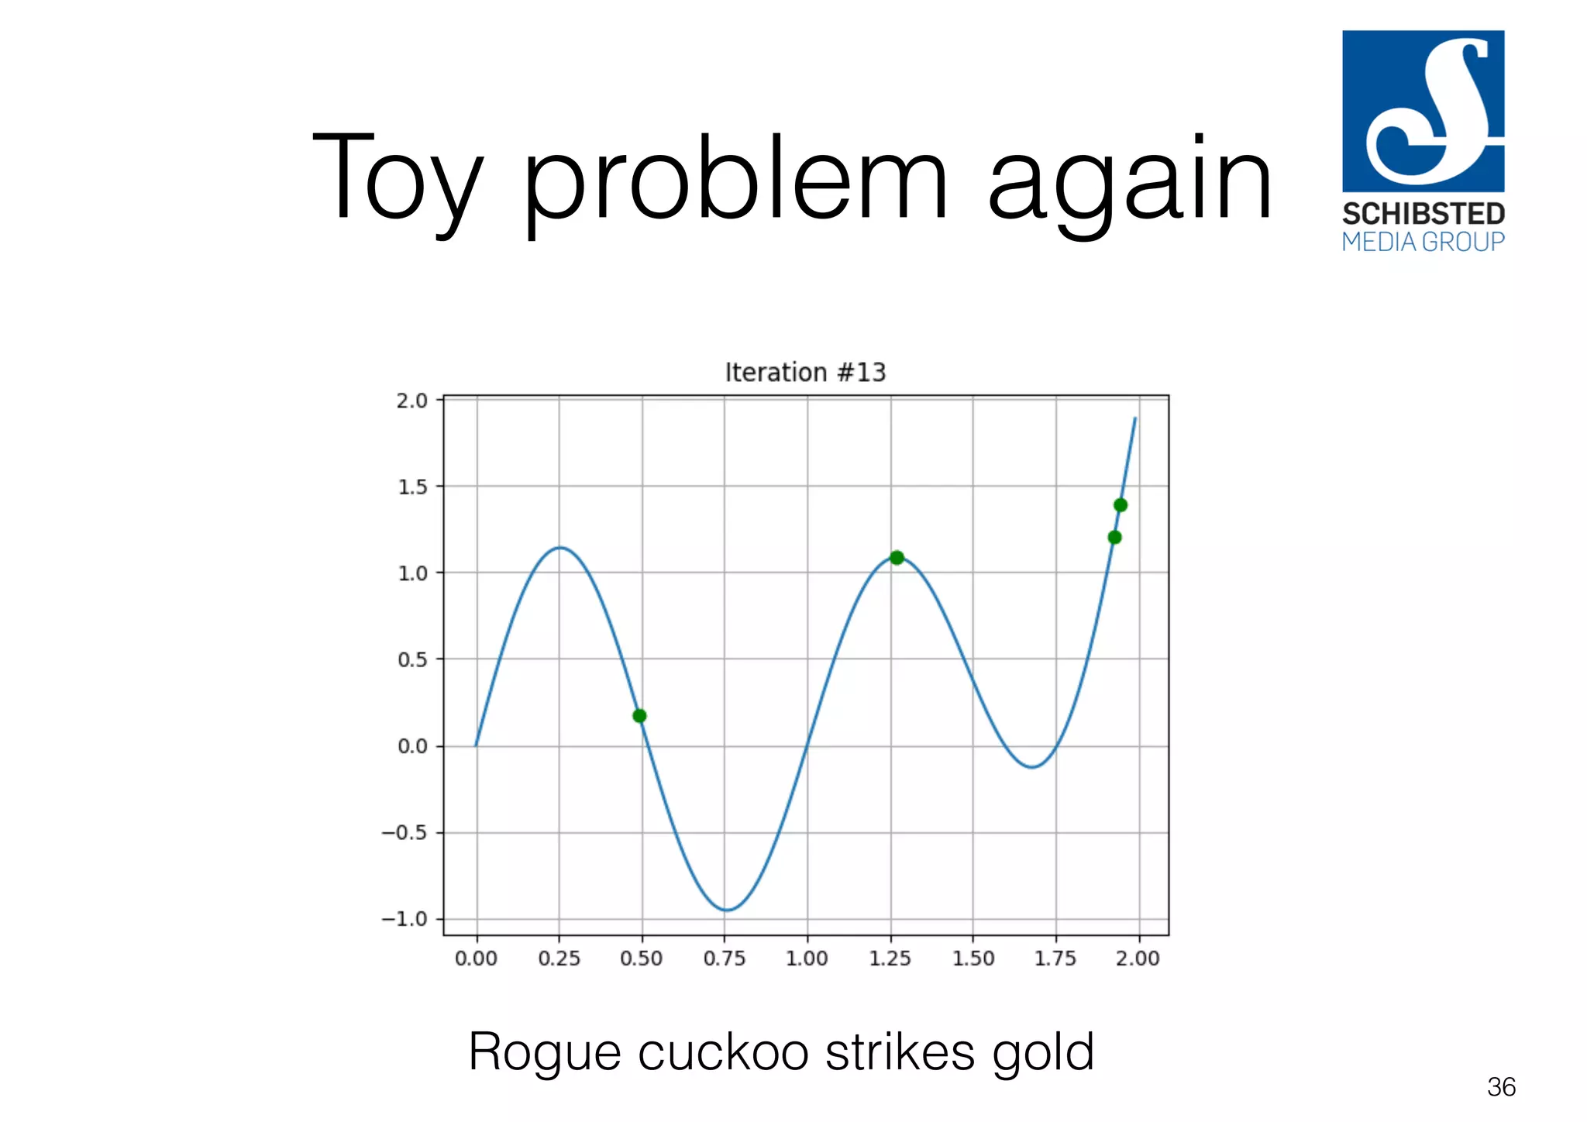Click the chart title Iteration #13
805,373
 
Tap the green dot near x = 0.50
639,715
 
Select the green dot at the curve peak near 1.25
897,557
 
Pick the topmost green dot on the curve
1121,505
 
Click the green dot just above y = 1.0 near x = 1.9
1114,537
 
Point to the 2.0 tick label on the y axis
411,401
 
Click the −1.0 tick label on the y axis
404,919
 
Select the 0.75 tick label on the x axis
724,959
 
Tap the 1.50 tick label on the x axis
973,959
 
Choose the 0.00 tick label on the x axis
476,959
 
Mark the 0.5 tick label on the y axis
411,659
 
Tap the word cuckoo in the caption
719,1052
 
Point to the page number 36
1501,1087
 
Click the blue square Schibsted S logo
1423,111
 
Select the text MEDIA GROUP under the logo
1423,242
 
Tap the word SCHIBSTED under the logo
1423,214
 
